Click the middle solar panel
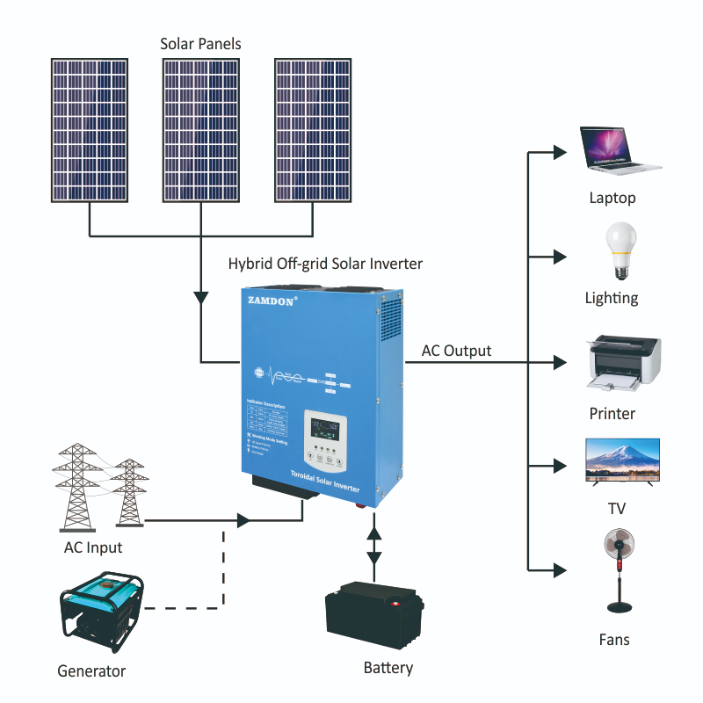click(201, 130)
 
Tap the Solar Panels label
click(200, 43)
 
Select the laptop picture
click(619, 149)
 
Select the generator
click(102, 612)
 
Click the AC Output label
click(456, 351)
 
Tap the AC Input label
click(93, 548)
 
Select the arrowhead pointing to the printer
click(559, 361)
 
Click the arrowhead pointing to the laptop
click(559, 152)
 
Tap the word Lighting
click(612, 298)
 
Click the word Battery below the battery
click(388, 668)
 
